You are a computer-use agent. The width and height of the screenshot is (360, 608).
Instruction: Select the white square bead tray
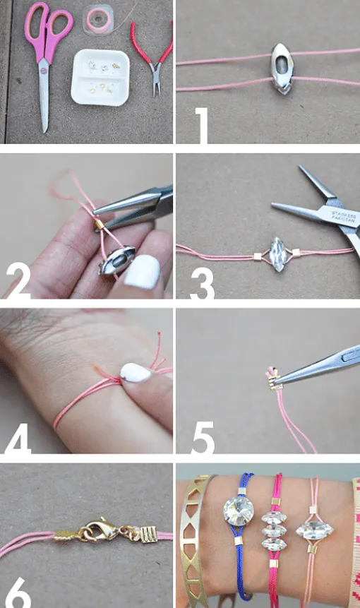(100, 77)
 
